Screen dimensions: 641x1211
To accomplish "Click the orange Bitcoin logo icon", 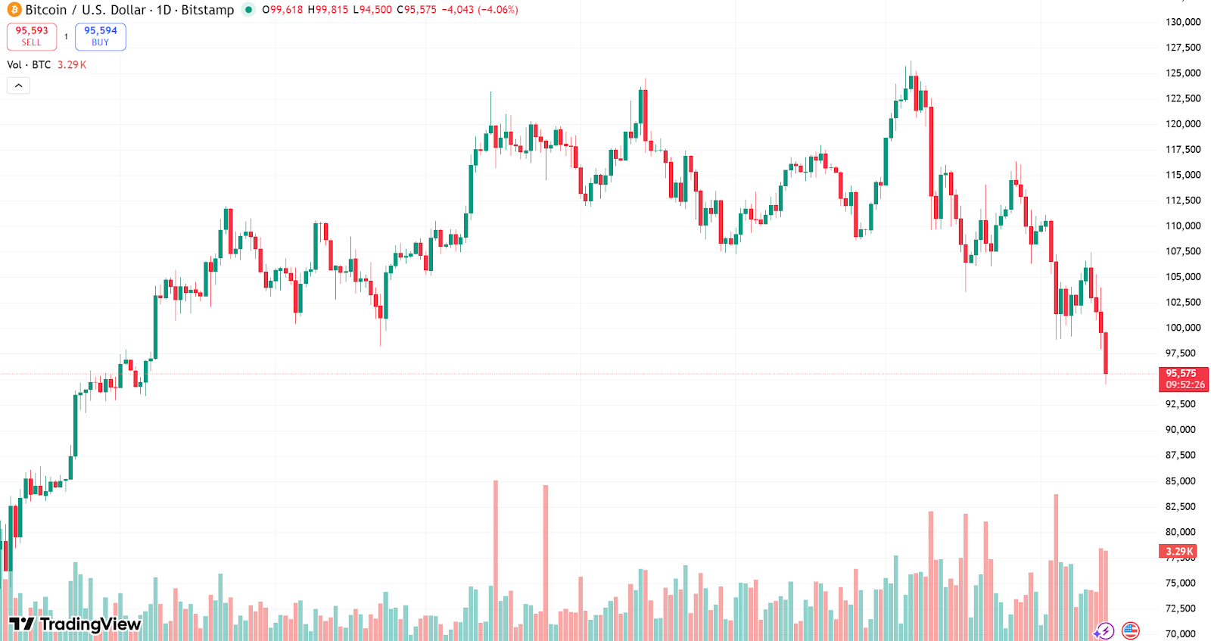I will click(x=14, y=10).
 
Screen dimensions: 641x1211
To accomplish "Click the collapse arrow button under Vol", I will click(x=18, y=86).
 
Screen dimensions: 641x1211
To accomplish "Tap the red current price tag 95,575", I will click(x=1183, y=378).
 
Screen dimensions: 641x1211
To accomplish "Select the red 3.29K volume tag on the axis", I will click(x=1178, y=552).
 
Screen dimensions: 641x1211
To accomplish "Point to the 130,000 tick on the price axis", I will click(x=1182, y=22).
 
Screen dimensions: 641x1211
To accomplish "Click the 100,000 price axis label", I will click(x=1182, y=328).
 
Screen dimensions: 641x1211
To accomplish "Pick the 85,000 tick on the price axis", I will click(x=1180, y=481).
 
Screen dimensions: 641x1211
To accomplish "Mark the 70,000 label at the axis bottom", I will click(x=1180, y=633).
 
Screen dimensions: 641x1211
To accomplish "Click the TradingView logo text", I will click(x=76, y=624).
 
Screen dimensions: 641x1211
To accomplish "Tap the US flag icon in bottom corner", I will click(x=1130, y=630).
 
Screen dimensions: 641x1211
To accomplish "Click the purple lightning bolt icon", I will click(x=1104, y=630).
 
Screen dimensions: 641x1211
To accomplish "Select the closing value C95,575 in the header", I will click(x=416, y=10).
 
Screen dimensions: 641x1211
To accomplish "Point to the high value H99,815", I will click(x=328, y=10).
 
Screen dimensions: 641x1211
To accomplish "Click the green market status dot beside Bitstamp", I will click(x=248, y=10).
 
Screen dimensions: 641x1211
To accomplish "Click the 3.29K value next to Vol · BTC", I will click(x=72, y=65).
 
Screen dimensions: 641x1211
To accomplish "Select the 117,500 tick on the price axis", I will click(x=1182, y=149).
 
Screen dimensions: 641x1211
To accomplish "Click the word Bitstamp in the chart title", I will click(x=207, y=10).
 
